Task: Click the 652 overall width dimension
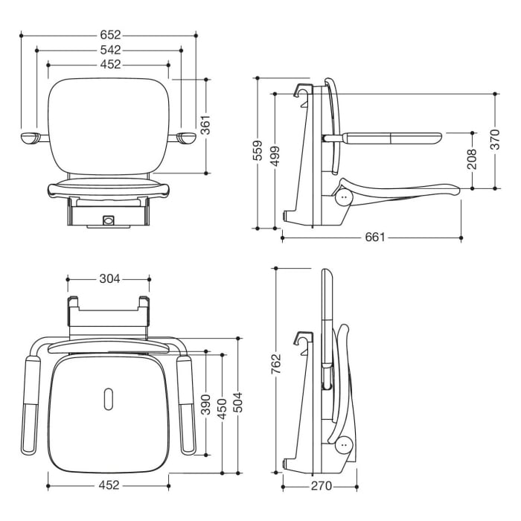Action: click(109, 34)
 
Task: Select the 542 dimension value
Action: click(109, 50)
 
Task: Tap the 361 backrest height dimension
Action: click(206, 125)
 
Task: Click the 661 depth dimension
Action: click(375, 237)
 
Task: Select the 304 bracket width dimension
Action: click(109, 280)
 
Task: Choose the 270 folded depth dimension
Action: click(321, 486)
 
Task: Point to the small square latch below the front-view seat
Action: click(109, 220)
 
